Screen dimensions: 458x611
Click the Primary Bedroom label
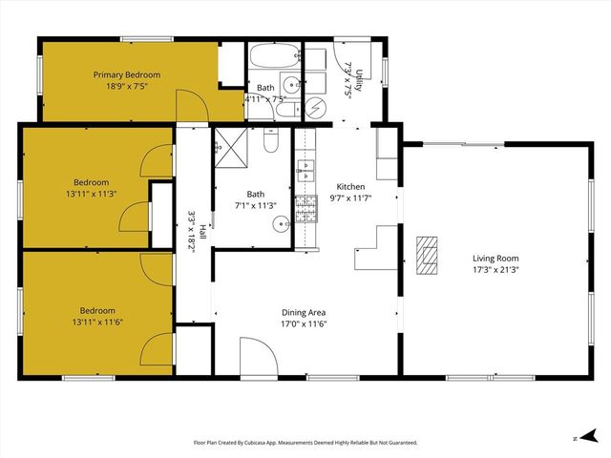click(x=126, y=74)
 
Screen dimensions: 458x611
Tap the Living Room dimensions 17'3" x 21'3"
click(x=495, y=269)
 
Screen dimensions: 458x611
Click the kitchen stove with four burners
click(x=305, y=209)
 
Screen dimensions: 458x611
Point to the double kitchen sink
click(x=305, y=171)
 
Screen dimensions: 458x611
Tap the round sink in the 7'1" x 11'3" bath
click(x=279, y=225)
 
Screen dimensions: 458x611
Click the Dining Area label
click(x=305, y=312)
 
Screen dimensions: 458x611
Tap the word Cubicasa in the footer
click(x=261, y=443)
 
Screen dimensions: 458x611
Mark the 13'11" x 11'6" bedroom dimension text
click(x=97, y=322)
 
